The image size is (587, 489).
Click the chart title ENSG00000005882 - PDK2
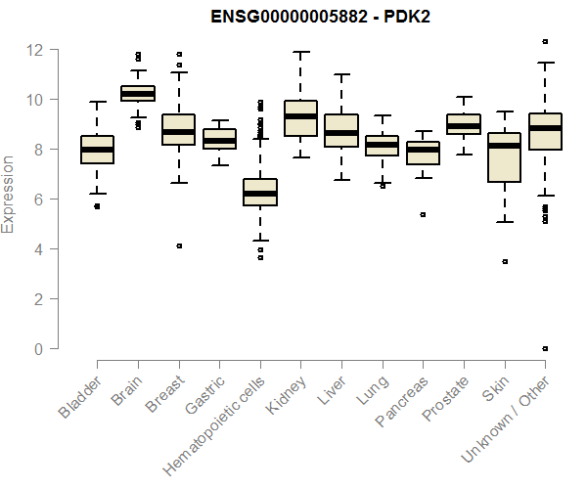[x=321, y=17]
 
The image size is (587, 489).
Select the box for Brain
[x=138, y=93]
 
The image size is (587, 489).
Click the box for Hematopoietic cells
[x=259, y=192]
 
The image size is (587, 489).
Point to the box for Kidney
[x=300, y=118]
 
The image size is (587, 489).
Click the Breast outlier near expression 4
[x=179, y=246]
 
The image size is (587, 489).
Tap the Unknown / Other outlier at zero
[x=544, y=349]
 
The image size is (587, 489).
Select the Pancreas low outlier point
[x=423, y=214]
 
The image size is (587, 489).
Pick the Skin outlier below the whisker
[x=504, y=262]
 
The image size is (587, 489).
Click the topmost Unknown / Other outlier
[x=544, y=41]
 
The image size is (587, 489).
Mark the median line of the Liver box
[x=340, y=133]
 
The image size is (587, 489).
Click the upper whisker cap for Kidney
[x=300, y=53]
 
